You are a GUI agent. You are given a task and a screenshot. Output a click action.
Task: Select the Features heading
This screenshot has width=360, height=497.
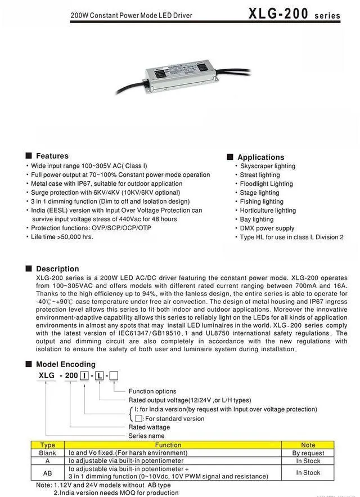pos(52,156)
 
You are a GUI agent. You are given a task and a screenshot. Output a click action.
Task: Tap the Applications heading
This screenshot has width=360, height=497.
pos(260,157)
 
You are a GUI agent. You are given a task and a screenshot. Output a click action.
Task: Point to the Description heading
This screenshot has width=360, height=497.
pos(57,268)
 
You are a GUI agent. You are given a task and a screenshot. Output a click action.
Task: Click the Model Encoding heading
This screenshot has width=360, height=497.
pos(65,364)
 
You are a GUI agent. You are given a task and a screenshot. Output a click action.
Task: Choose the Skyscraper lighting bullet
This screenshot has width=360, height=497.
pos(267,166)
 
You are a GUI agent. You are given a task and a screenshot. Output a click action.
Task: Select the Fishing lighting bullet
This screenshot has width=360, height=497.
pos(262,202)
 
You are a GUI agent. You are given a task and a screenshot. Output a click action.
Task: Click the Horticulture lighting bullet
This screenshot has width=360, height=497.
pos(268,211)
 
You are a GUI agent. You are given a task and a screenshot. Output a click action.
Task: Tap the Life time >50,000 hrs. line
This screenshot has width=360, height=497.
pos(62,237)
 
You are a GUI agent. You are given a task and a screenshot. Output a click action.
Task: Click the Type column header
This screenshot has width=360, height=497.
pos(48,445)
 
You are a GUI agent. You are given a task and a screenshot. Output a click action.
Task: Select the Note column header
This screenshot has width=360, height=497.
pos(308,445)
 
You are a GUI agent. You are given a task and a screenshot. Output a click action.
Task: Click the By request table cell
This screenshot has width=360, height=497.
pos(308,453)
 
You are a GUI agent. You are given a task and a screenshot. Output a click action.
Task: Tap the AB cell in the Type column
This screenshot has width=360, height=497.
pos(48,473)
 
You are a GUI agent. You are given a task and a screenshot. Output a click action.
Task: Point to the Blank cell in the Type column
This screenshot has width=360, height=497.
pos(48,453)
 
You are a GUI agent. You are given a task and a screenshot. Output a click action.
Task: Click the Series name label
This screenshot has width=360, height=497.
pos(146,436)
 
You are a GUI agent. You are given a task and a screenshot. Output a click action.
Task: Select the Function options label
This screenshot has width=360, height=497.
pos(152,391)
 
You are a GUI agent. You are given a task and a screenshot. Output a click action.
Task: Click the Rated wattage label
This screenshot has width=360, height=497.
pos(149,427)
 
